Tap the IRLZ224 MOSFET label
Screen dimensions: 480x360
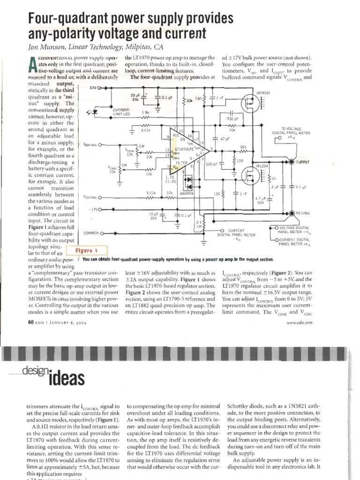pyautogui.click(x=262, y=166)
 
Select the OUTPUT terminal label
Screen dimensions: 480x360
pyautogui.click(x=303, y=162)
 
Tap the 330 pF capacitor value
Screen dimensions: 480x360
pyautogui.click(x=232, y=120)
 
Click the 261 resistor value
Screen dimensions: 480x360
pyautogui.click(x=243, y=147)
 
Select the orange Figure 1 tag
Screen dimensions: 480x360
pyautogui.click(x=90, y=250)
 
